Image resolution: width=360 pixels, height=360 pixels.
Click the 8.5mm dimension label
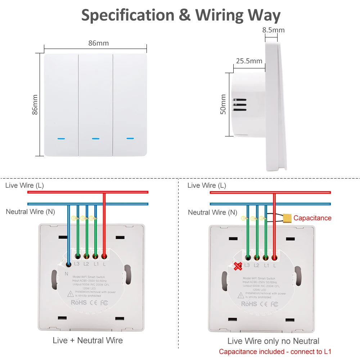click(273, 30)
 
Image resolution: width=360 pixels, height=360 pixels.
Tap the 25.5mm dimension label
click(249, 61)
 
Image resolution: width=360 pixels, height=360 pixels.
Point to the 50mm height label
click(224, 104)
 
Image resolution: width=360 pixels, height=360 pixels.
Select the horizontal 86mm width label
click(98, 43)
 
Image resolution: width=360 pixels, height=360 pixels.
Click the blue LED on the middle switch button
click(95, 138)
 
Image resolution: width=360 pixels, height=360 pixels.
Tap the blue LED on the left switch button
click(61, 138)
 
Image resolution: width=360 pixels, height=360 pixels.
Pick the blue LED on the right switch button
click(130, 138)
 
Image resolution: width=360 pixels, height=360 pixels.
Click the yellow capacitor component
click(287, 218)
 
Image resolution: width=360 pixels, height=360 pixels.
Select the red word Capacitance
click(312, 218)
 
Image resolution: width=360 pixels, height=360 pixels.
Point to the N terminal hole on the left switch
click(68, 265)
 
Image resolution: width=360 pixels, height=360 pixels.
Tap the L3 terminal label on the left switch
click(77, 264)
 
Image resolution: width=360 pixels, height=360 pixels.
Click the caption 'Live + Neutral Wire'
click(87, 340)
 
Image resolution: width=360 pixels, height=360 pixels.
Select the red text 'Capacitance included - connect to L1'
click(275, 352)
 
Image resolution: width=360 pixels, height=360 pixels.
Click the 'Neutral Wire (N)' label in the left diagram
click(31, 212)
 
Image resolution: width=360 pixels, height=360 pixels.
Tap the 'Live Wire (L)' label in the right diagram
click(207, 185)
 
